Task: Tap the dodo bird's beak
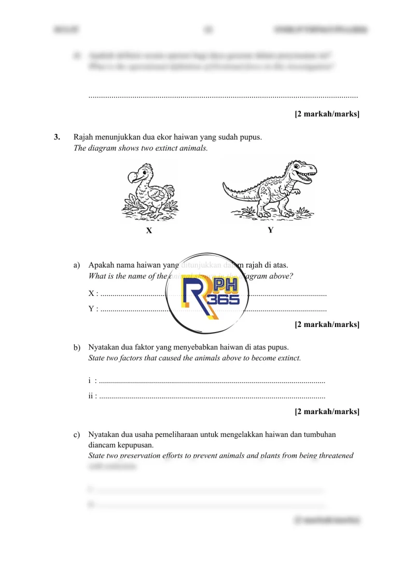[132, 179]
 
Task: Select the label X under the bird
[149, 231]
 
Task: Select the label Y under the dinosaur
[270, 230]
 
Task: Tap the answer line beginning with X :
[130, 294]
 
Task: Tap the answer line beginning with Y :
[130, 310]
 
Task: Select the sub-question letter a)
[77, 265]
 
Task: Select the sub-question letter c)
[77, 434]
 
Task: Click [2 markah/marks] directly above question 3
[327, 113]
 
